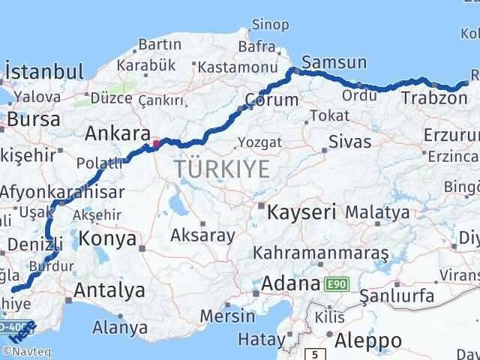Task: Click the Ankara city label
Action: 115,133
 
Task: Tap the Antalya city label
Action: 109,289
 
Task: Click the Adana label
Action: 290,284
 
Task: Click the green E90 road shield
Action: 335,285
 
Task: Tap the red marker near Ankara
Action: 157,142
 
